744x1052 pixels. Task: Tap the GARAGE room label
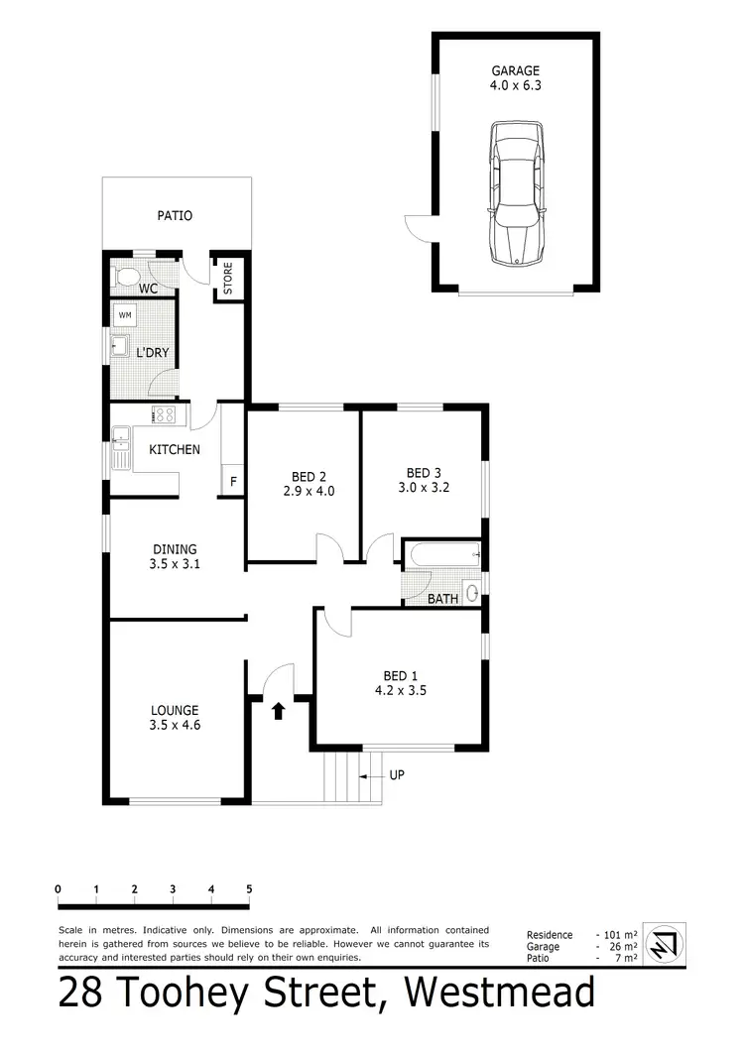pos(516,70)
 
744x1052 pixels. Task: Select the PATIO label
pos(175,215)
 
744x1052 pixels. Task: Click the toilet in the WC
pos(126,278)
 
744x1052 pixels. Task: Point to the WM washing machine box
pos(125,315)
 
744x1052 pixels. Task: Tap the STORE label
pos(227,279)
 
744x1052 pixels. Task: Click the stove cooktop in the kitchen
pos(164,415)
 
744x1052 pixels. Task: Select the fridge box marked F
pos(234,482)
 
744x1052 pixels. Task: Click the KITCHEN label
pos(175,449)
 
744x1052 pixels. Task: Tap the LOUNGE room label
pos(175,710)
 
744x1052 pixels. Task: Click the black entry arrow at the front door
pos(279,710)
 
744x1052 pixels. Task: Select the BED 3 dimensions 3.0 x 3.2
pos(429,488)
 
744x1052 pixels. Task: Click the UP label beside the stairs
pos(395,774)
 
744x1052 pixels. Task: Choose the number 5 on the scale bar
pos(249,889)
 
